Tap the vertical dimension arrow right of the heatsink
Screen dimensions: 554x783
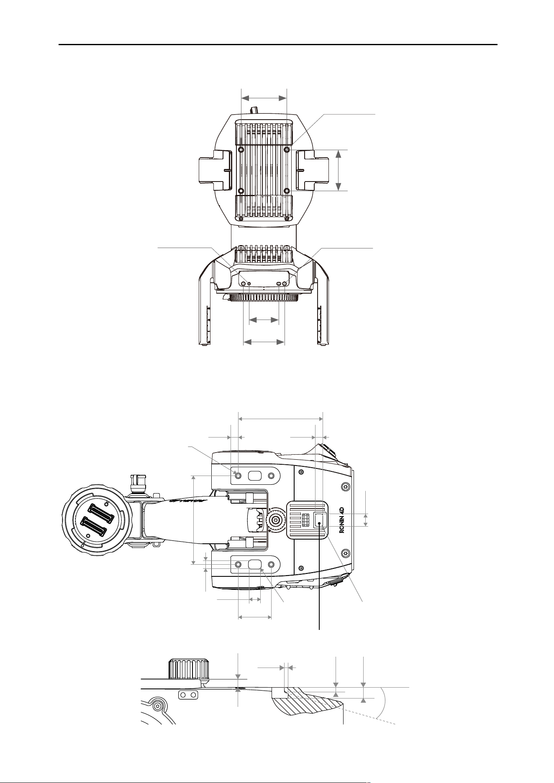(x=339, y=170)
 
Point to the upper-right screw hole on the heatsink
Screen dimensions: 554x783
(x=287, y=149)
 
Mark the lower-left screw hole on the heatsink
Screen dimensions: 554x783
(x=241, y=191)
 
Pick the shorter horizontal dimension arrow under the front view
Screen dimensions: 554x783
(x=264, y=320)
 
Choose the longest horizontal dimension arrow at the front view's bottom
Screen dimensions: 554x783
(x=264, y=342)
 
